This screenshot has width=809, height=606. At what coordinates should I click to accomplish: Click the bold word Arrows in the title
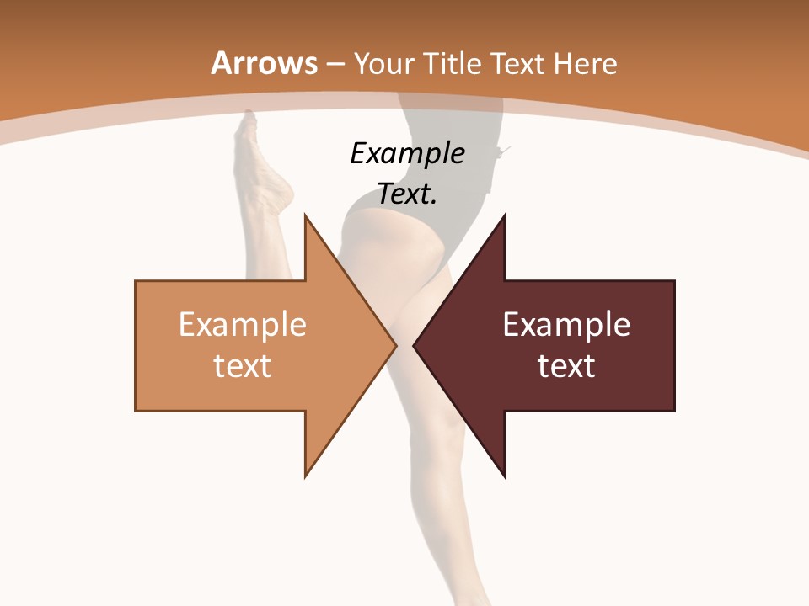click(x=264, y=63)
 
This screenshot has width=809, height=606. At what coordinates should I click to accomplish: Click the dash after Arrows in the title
click(x=335, y=64)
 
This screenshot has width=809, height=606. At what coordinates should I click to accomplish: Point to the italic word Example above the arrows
click(x=407, y=153)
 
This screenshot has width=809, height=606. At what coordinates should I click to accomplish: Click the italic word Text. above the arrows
click(x=407, y=194)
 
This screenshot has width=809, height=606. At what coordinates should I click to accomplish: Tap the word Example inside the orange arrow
click(x=243, y=325)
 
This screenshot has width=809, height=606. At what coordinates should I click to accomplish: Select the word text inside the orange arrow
click(x=243, y=365)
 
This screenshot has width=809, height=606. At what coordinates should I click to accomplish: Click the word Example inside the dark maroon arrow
click(x=566, y=325)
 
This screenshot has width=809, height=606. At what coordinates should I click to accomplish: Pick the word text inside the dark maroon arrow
click(x=566, y=365)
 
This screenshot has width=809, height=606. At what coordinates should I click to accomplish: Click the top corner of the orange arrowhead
click(x=305, y=215)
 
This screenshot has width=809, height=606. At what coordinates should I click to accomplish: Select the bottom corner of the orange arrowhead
click(x=305, y=476)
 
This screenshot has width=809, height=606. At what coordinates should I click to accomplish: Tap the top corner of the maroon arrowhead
click(x=504, y=215)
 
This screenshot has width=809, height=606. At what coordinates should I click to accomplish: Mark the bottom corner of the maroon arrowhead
click(x=504, y=476)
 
